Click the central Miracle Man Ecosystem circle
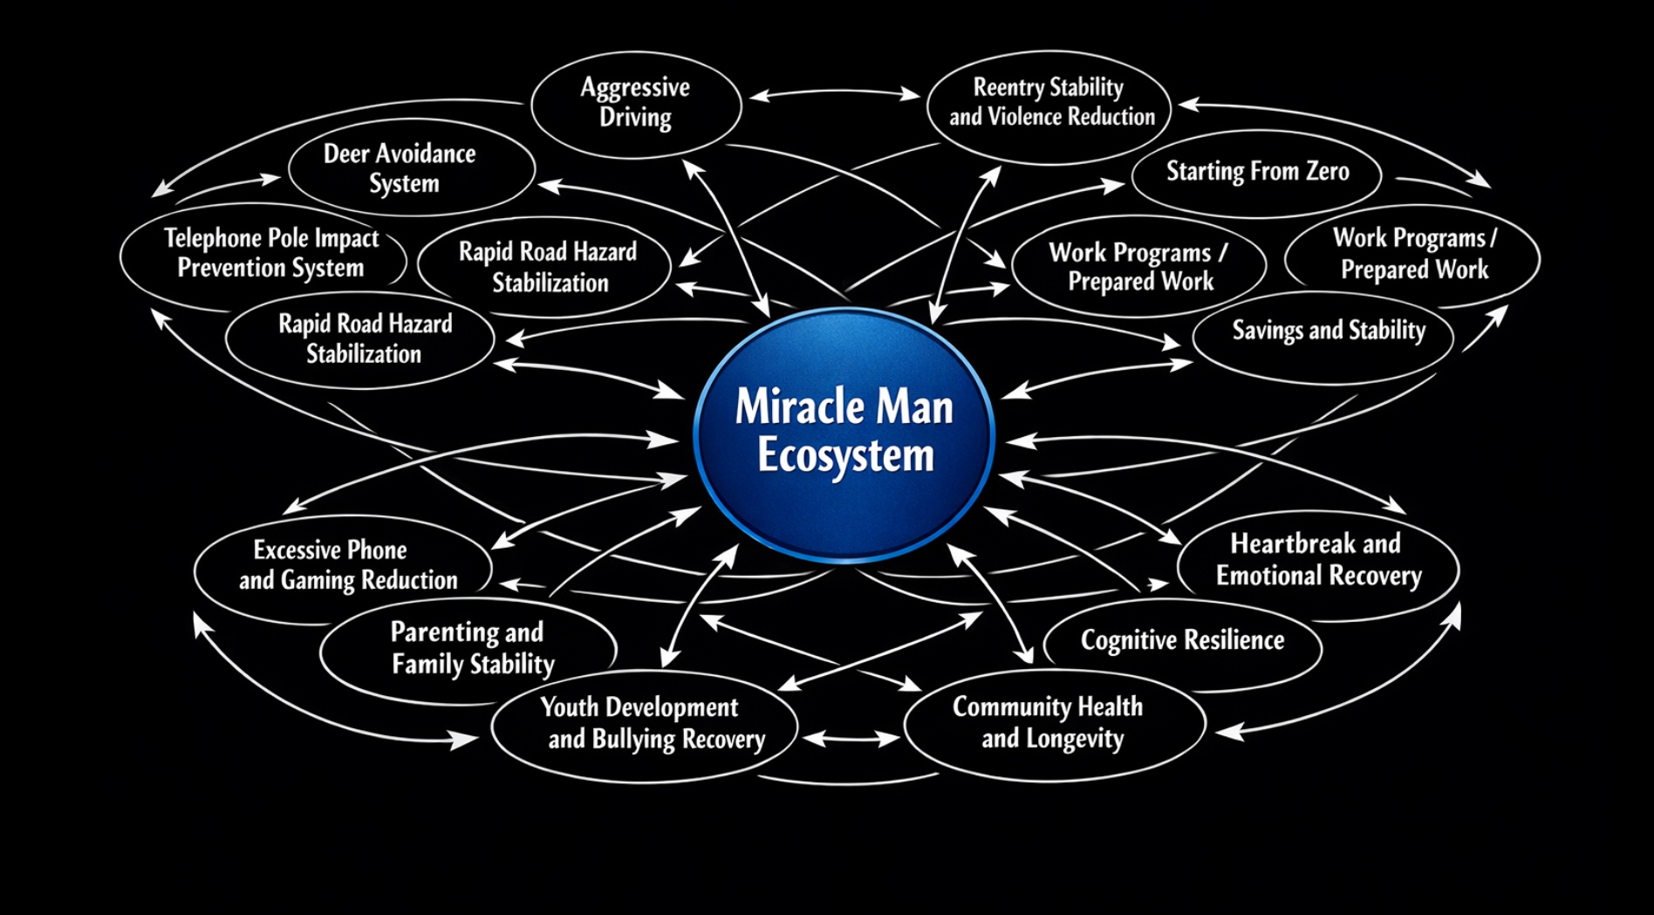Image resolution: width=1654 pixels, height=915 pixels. point(844,434)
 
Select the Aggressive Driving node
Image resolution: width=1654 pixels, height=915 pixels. point(636,104)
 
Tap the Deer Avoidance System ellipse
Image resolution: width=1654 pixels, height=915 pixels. point(401,168)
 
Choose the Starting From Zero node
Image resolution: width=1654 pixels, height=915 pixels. point(1257,172)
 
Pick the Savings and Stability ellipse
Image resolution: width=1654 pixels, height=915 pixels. point(1328,331)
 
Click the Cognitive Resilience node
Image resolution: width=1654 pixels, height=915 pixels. point(1182,641)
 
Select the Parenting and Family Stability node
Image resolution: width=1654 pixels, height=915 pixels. point(469,648)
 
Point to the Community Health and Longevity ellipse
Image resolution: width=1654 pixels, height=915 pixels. point(1050,723)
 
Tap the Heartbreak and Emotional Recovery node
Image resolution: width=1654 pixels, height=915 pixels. point(1317,560)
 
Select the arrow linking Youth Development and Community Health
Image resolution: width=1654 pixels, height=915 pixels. point(851,739)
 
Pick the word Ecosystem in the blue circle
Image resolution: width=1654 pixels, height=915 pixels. point(845,456)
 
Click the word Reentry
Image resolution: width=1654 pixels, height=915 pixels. point(1008,87)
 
